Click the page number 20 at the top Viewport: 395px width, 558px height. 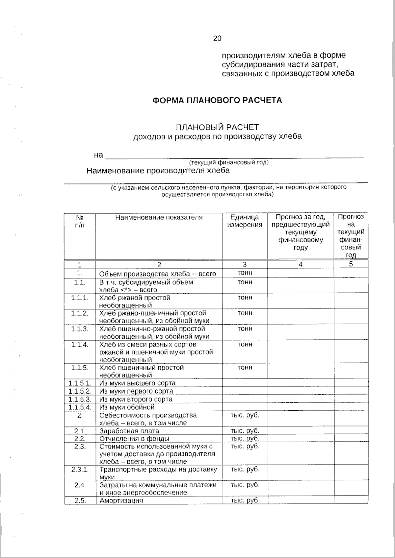(x=217, y=38)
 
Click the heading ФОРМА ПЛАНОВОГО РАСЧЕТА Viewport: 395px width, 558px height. (x=217, y=100)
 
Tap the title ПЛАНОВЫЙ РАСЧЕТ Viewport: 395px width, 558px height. (x=217, y=127)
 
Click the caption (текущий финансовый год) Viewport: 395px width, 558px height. (x=228, y=162)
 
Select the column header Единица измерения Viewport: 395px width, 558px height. (x=245, y=221)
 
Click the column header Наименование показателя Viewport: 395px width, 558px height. (x=159, y=217)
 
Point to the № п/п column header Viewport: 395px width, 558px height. (x=80, y=221)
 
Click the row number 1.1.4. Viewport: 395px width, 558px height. (x=80, y=344)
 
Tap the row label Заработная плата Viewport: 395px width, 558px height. (x=129, y=431)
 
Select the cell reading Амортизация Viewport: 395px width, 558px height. (x=121, y=500)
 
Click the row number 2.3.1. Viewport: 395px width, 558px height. (x=80, y=469)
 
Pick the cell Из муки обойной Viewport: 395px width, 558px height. (x=127, y=407)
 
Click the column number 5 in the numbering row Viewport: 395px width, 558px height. (x=351, y=264)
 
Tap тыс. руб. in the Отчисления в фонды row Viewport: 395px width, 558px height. (x=245, y=438)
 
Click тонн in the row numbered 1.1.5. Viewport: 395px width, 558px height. (x=245, y=367)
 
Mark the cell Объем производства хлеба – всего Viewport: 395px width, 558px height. (x=157, y=274)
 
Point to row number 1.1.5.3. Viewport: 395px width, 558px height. (x=80, y=399)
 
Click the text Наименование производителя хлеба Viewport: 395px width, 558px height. (x=158, y=171)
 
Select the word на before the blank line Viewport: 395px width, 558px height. (x=98, y=155)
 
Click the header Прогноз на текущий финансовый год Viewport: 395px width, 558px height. (x=351, y=236)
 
